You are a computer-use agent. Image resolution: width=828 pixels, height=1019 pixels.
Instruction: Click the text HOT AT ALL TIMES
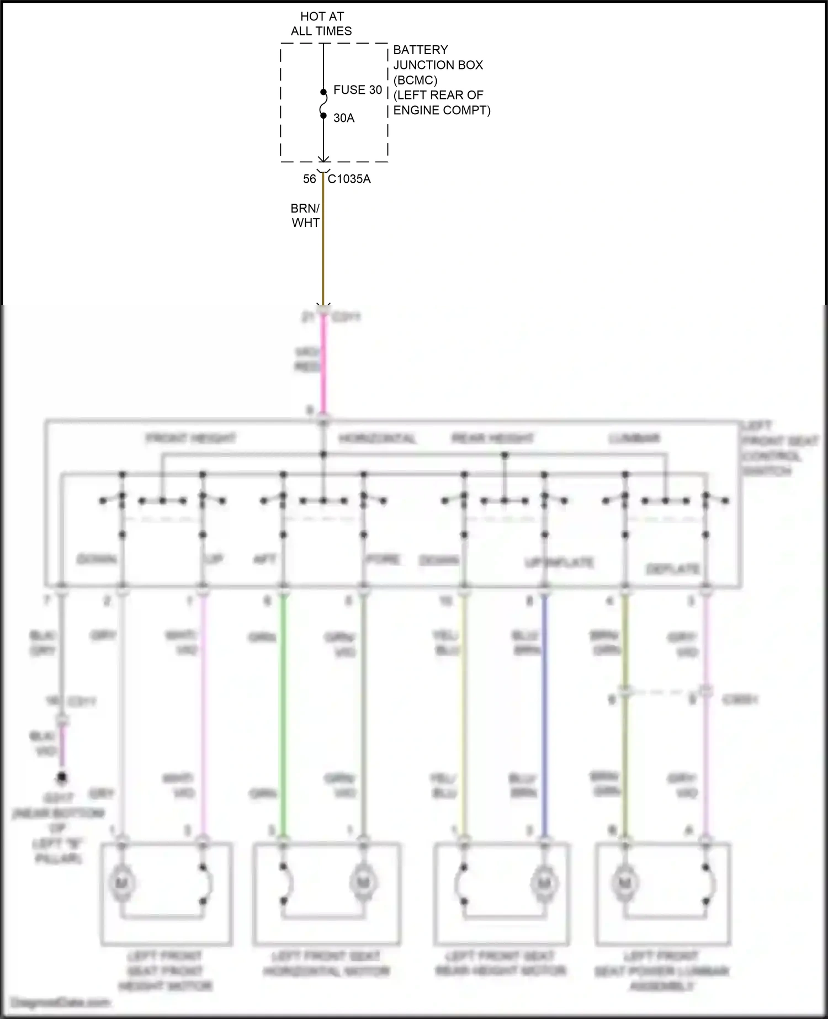(321, 24)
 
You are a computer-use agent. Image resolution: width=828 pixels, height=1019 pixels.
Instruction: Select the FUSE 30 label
(358, 90)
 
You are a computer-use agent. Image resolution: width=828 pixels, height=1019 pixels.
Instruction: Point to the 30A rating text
(344, 118)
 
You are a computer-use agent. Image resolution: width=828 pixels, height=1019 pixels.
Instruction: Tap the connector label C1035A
(349, 179)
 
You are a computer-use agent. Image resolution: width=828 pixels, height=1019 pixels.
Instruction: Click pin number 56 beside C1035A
(309, 179)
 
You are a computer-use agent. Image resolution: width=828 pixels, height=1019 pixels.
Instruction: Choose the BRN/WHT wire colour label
(305, 216)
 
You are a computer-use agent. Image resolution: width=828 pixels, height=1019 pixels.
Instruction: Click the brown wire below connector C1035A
(323, 248)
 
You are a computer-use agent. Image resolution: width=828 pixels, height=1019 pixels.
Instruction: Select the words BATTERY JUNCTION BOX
(438, 57)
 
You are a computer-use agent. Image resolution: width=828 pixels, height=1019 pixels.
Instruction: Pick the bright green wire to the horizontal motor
(284, 718)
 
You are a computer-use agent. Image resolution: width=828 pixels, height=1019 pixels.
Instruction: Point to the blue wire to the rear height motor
(545, 718)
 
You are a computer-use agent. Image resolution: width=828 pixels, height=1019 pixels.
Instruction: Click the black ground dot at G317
(62, 778)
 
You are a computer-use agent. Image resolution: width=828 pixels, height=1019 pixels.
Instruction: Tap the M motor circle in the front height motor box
(121, 883)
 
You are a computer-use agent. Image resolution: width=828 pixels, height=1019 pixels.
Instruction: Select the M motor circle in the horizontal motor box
(363, 883)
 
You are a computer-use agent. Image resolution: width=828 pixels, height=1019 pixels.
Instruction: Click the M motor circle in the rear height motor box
(544, 883)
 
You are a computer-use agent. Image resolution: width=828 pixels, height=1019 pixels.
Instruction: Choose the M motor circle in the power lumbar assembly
(625, 883)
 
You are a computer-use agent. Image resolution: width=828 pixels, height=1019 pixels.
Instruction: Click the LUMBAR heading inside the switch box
(634, 439)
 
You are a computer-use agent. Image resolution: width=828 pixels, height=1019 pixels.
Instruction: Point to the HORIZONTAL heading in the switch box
(377, 439)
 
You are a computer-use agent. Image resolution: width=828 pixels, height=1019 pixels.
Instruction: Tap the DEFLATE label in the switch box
(672, 569)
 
